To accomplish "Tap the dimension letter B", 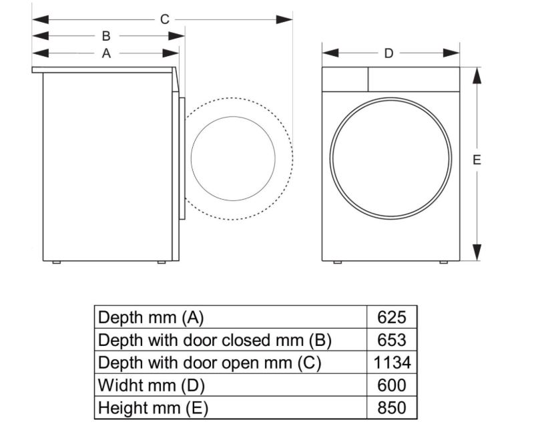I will point(106,36).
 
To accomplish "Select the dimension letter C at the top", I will point(164,19).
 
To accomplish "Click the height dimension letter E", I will point(477,160).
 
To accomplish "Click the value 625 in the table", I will point(392,316).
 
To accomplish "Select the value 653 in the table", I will point(392,340).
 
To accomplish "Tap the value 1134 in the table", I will point(392,363).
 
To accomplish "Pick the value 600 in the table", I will point(392,385).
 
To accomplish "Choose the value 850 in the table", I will point(392,408).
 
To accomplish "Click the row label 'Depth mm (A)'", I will point(150,316).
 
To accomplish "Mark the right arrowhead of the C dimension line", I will point(285,19).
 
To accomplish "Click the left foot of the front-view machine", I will point(337,262).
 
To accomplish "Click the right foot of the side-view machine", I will point(162,262).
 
